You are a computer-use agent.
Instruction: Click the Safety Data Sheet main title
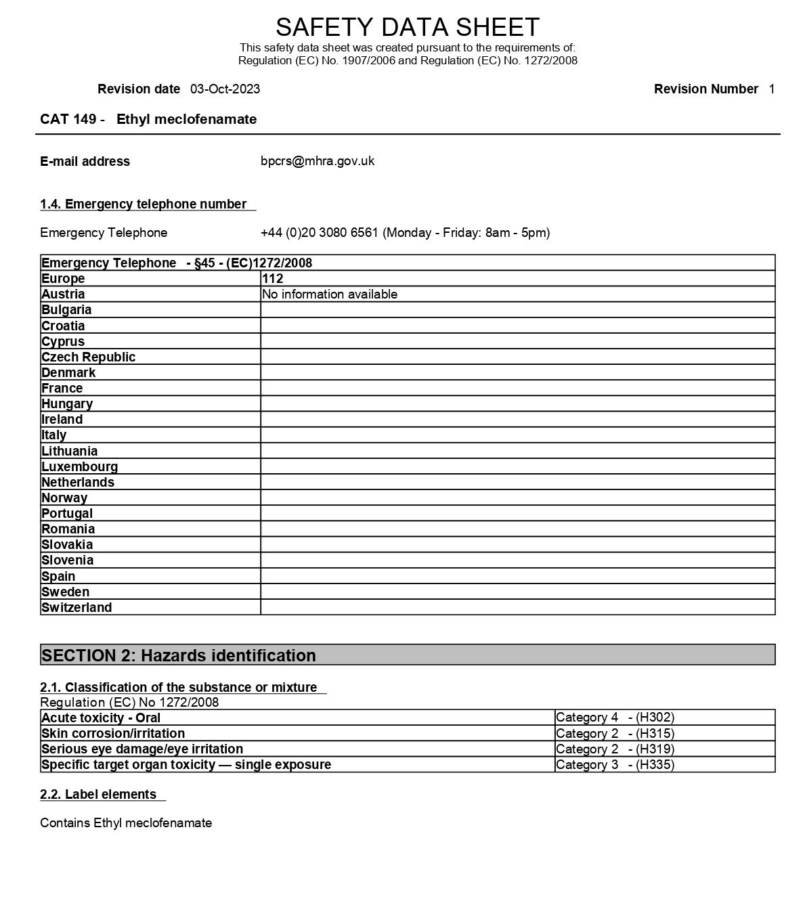point(407,27)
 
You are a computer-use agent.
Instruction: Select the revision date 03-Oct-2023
point(225,89)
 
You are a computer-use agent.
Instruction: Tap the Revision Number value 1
point(771,89)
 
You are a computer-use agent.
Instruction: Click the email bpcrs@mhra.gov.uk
point(317,161)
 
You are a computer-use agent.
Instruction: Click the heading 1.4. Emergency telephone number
point(144,204)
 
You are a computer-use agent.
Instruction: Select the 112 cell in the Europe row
point(272,278)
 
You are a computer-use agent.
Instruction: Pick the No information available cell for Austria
point(330,294)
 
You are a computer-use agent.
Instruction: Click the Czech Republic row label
point(89,357)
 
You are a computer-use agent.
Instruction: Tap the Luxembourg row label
point(80,467)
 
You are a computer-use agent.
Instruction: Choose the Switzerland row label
point(77,608)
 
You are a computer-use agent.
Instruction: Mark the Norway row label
point(64,498)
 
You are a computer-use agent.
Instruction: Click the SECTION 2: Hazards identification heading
point(179,655)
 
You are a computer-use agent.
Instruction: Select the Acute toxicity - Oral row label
point(101,718)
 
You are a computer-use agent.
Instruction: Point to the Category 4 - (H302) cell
point(615,718)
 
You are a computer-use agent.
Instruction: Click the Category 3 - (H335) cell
point(615,765)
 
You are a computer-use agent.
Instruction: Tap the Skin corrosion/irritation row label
point(113,734)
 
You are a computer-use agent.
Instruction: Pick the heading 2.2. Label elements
point(98,795)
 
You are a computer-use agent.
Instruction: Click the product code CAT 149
point(68,120)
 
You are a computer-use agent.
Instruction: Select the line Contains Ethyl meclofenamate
point(126,823)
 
